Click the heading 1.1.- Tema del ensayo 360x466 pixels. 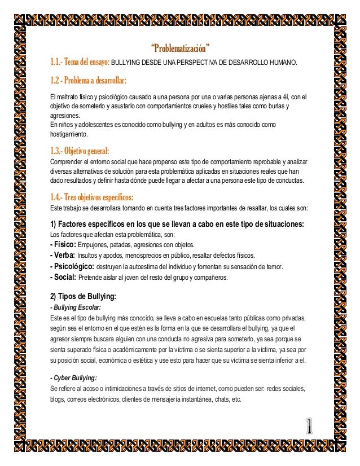click(x=80, y=61)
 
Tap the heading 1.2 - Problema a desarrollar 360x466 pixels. click(x=88, y=78)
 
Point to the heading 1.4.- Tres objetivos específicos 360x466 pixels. click(x=92, y=197)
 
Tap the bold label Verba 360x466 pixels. click(x=63, y=255)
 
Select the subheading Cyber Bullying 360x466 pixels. click(x=74, y=377)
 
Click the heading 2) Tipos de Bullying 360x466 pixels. click(x=83, y=296)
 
